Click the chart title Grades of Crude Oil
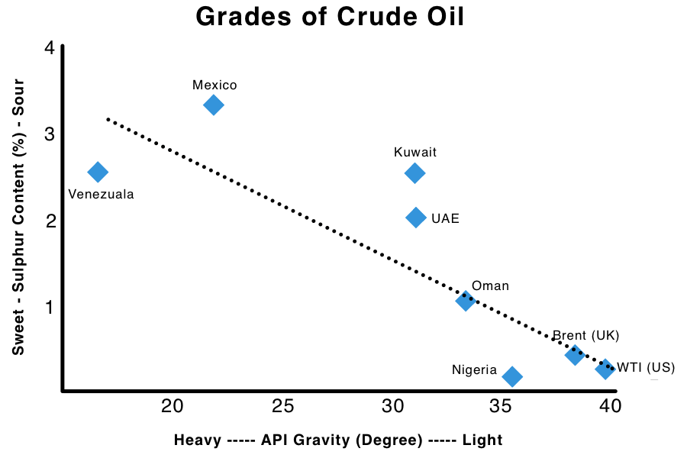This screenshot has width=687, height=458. tap(329, 17)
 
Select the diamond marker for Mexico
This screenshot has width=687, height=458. tap(214, 105)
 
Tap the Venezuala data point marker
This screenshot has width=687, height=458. tap(98, 172)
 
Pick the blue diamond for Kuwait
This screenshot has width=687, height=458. tap(414, 173)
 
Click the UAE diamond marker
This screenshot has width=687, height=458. tap(416, 218)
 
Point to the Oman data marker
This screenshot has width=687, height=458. tap(466, 300)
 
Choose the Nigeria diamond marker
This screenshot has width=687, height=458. tap(512, 376)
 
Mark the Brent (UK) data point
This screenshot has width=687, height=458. tap(575, 354)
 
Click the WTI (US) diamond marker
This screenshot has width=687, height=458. tap(605, 369)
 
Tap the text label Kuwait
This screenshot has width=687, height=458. tap(415, 152)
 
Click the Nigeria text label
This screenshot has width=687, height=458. tap(474, 370)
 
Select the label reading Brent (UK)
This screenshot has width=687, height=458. tap(585, 335)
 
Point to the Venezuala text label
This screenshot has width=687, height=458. tap(101, 194)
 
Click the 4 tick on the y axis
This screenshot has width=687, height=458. tap(50, 48)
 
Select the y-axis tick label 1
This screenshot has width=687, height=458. tap(50, 307)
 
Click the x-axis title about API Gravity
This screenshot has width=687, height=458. tap(338, 440)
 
